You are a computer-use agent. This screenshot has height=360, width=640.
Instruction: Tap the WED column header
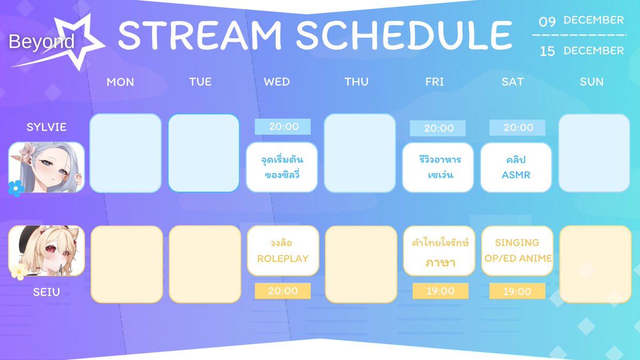(277, 82)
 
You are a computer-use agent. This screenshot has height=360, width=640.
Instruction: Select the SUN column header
(591, 82)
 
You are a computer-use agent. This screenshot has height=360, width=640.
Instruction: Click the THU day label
(356, 82)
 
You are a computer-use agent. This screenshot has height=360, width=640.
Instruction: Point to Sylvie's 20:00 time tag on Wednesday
(283, 126)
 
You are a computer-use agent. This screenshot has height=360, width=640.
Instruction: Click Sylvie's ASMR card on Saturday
(516, 167)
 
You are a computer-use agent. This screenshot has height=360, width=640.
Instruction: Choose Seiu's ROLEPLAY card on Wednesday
(283, 251)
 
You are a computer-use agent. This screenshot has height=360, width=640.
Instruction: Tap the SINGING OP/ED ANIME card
(517, 251)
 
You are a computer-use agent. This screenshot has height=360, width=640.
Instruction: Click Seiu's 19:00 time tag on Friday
(441, 291)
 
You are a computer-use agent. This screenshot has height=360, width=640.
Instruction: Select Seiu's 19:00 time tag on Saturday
(517, 291)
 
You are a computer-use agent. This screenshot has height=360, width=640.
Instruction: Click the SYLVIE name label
(46, 127)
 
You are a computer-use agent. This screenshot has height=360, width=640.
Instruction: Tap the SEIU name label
(46, 292)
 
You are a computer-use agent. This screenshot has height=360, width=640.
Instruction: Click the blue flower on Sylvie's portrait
(15, 189)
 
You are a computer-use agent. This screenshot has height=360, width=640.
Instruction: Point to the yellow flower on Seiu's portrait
(19, 271)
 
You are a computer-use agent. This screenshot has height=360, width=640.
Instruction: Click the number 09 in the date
(547, 22)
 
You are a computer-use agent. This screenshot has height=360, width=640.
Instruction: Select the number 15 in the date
(547, 51)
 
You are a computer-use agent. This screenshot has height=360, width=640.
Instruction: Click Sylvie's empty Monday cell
(125, 153)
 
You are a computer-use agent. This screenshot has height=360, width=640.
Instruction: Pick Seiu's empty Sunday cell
(595, 265)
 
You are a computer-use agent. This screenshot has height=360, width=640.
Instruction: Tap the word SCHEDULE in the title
(404, 35)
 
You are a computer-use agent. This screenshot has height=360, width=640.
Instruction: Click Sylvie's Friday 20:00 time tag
(438, 129)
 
